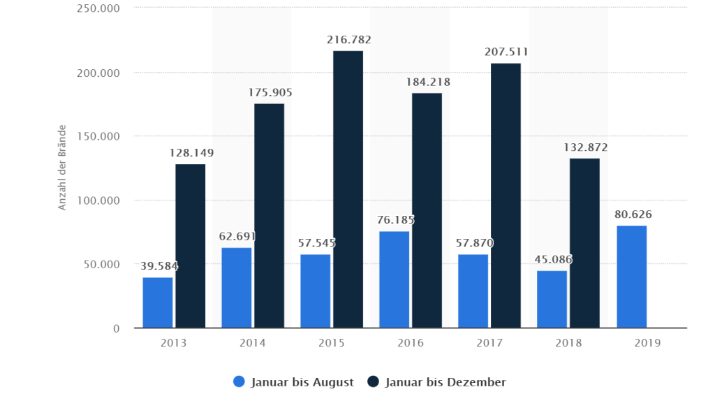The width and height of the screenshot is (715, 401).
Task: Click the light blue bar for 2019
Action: click(631, 277)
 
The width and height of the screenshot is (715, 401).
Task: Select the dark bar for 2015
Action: click(348, 189)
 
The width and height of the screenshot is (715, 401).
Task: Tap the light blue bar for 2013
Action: click(158, 302)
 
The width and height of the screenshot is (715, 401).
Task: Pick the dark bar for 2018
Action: click(584, 243)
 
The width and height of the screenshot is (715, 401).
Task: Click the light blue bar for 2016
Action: click(394, 279)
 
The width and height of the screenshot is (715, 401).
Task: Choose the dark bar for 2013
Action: click(190, 246)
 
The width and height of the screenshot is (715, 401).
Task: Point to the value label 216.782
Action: click(348, 41)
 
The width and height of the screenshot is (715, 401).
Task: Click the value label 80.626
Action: click(633, 214)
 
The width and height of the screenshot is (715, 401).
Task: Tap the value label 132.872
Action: click(584, 147)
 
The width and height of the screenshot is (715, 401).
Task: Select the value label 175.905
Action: click(270, 92)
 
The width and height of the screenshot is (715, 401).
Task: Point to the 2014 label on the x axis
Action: click(253, 343)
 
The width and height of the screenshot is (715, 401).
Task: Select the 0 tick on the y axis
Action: click(116, 328)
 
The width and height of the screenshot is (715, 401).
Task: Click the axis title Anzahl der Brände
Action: click(61, 168)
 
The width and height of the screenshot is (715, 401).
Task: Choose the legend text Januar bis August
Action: click(302, 382)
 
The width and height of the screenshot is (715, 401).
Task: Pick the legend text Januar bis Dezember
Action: click(445, 382)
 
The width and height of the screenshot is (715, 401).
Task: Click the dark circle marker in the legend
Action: click(373, 382)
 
